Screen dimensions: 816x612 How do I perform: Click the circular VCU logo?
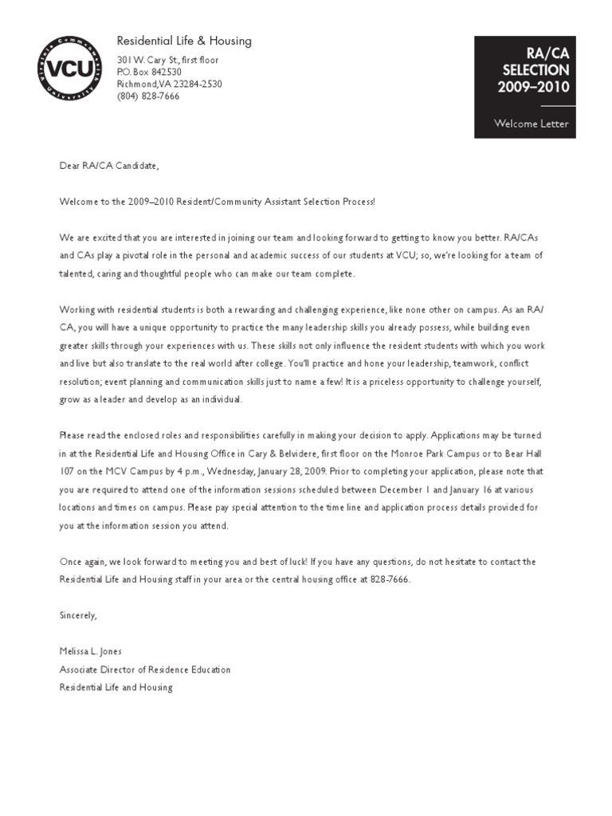point(71,70)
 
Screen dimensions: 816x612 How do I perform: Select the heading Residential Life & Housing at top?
point(184,41)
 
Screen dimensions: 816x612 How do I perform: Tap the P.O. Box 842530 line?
point(150,72)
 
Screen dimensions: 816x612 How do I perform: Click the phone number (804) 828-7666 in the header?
point(148,96)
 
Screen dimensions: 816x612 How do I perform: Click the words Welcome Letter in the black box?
point(531,124)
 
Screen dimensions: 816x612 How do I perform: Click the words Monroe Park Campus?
point(446,453)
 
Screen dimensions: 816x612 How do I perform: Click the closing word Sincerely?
point(78,615)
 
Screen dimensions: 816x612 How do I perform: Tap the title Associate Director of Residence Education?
point(145,669)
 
